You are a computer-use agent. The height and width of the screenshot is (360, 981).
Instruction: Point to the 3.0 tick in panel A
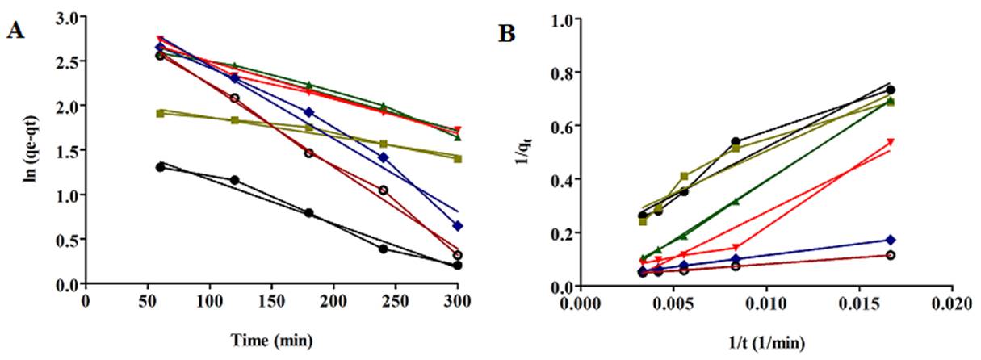[x=67, y=17]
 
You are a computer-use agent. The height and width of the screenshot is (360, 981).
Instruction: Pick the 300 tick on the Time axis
[x=458, y=297]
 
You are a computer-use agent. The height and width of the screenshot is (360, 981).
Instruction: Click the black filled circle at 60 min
[x=160, y=167]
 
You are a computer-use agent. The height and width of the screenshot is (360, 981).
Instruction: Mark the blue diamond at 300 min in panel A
[x=458, y=226]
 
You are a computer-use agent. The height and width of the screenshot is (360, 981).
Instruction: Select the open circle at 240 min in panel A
[x=384, y=190]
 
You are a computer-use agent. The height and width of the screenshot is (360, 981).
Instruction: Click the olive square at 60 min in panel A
[x=160, y=113]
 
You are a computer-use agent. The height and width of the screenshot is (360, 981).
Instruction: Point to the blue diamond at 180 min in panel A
[x=308, y=112]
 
